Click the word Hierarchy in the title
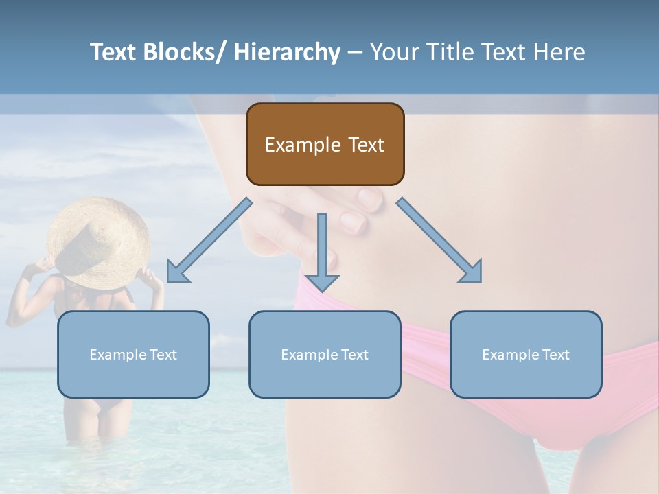(x=287, y=52)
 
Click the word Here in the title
(x=559, y=52)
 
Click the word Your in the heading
(x=395, y=52)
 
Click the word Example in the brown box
(x=303, y=145)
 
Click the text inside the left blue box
(x=133, y=355)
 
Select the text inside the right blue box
(x=526, y=355)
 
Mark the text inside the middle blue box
(x=325, y=355)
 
